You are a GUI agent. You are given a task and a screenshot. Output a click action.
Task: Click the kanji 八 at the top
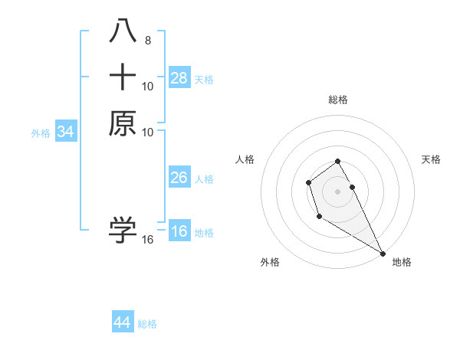123,32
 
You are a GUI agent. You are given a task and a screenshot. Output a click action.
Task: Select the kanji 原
123,123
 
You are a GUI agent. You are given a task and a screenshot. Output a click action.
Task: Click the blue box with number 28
179,77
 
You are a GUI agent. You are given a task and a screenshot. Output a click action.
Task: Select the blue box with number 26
179,178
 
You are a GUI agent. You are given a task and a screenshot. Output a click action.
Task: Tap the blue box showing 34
65,132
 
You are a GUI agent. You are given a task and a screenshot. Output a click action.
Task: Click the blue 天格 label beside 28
204,79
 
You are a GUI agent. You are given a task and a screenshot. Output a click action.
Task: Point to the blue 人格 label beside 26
204,179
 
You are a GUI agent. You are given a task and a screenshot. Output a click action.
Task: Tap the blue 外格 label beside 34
41,133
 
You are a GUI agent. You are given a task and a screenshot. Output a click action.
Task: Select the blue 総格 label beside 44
147,324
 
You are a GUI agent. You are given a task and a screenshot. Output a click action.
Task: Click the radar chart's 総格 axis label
337,100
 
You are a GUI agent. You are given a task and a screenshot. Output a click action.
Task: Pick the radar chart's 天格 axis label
431,159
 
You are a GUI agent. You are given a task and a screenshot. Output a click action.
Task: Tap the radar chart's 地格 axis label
402,262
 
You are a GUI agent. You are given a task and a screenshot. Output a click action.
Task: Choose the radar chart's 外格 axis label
270,262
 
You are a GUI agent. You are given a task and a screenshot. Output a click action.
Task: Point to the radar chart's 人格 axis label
245,159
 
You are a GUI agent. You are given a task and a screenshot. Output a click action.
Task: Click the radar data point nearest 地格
383,253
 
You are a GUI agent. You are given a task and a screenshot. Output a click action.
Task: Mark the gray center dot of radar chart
337,190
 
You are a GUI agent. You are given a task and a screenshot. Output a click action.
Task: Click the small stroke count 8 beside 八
148,41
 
